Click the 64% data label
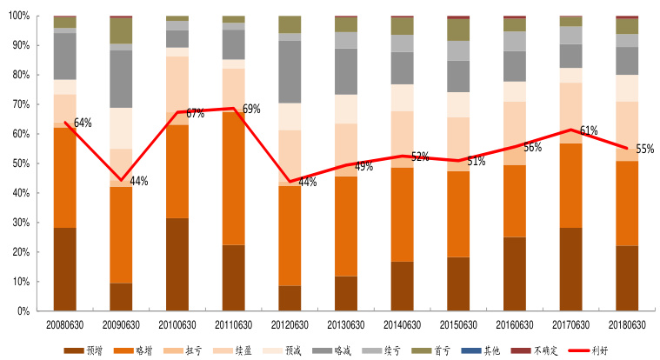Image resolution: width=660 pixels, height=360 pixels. tap(83, 123)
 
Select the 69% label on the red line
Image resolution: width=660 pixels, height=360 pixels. tap(251, 110)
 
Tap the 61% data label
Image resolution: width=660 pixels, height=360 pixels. tap(589, 131)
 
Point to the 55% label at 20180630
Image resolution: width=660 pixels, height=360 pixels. tap(644, 149)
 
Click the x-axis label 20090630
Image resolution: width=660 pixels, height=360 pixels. tap(120, 324)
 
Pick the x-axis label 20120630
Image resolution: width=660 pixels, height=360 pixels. tap(289, 324)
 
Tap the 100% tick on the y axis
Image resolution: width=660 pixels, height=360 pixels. tap(19, 17)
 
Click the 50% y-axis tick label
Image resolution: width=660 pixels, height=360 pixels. tap(21, 163)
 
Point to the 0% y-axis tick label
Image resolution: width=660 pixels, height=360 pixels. tap(23, 310)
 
